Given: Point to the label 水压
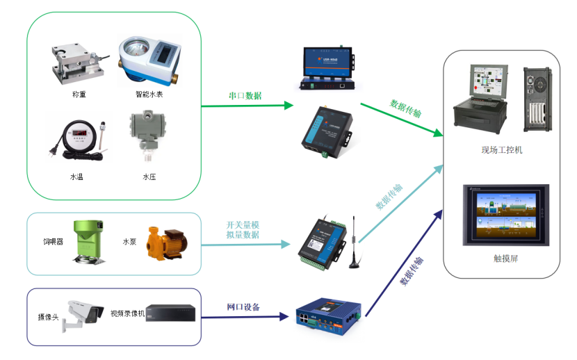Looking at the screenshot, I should [x=149, y=177].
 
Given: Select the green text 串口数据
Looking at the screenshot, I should [x=245, y=96].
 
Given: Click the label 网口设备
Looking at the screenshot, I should [x=244, y=307].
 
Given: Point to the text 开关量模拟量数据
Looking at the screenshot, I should [x=243, y=230].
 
